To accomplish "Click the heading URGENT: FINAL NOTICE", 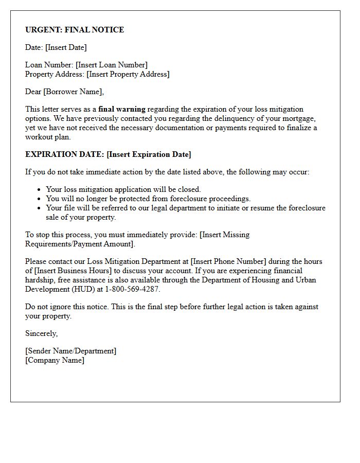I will [75, 30].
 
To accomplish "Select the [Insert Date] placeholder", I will [66, 47].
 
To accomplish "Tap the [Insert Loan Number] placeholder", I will [111, 65].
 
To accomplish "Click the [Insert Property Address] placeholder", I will [128, 74].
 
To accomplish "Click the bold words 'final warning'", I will [122, 109].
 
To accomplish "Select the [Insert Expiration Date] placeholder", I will [149, 154].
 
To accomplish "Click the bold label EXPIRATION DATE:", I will [65, 154].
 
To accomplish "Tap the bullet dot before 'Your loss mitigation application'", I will [39, 190].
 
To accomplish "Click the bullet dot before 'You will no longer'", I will [39, 199].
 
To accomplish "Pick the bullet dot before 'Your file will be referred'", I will [39, 208].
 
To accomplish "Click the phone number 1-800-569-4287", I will [133, 289].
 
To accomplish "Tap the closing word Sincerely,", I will [42, 333].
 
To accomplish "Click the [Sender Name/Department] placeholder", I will [71, 351].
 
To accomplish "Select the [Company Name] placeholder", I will [55, 360].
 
